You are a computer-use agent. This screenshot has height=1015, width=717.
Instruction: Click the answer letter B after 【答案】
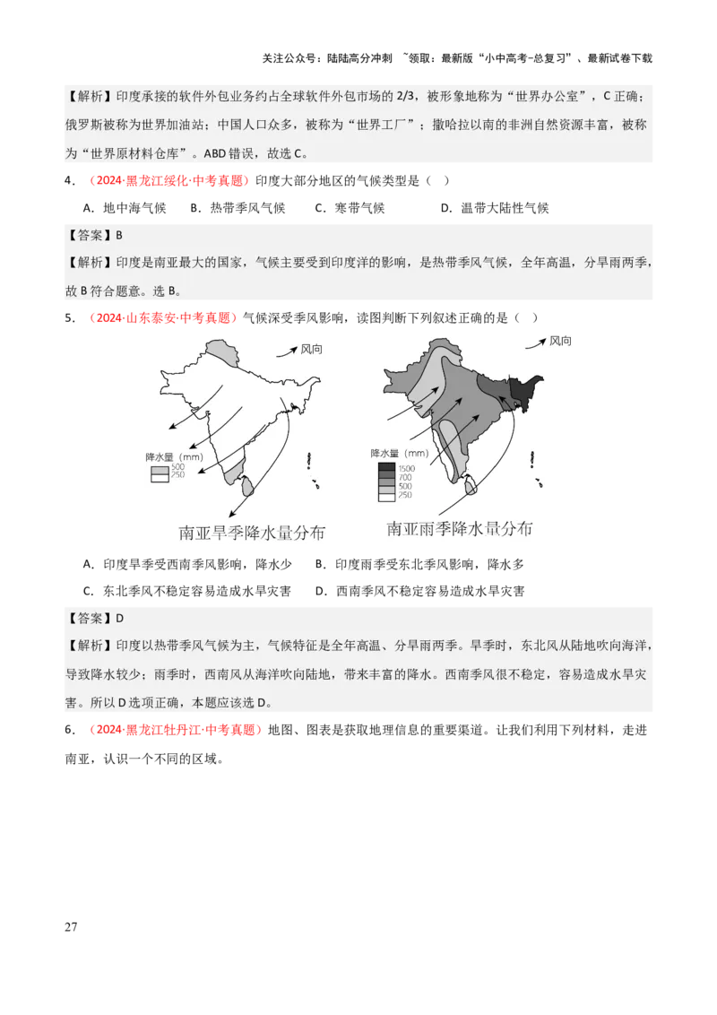118,235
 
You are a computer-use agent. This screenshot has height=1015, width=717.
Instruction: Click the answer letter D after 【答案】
118,618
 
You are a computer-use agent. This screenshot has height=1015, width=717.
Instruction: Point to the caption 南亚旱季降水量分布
252,534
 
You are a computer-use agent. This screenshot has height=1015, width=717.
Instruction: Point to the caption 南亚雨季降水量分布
460,529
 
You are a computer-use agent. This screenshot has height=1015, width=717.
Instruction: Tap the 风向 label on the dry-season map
312,348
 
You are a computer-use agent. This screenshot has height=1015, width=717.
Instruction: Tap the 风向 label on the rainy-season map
560,341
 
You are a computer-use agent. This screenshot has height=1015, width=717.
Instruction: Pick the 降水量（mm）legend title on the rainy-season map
399,454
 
